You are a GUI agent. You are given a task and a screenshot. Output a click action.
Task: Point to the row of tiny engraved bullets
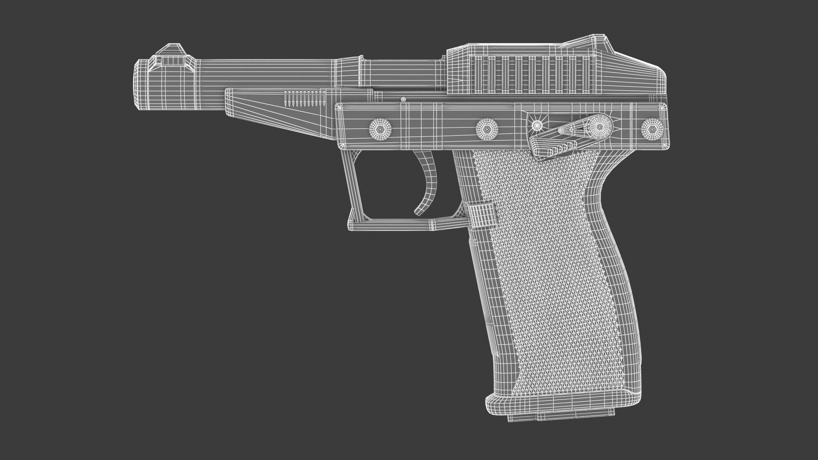304,99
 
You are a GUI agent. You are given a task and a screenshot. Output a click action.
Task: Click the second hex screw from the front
487,127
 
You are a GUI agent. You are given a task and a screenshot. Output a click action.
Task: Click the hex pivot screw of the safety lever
599,126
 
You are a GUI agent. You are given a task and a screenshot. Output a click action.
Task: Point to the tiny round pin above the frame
403,100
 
